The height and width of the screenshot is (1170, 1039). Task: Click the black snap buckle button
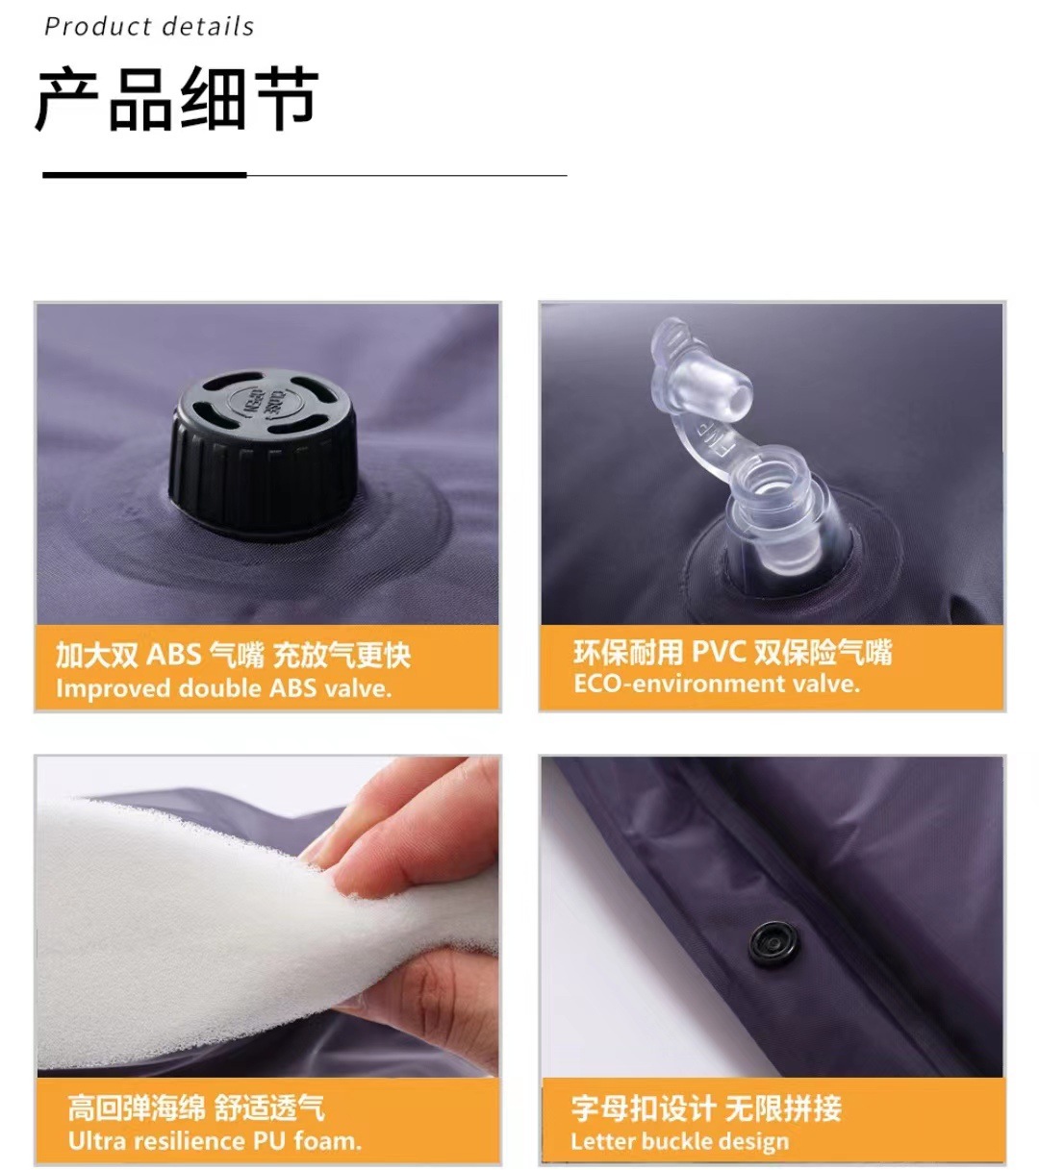click(x=773, y=941)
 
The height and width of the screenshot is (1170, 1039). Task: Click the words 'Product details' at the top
click(x=149, y=26)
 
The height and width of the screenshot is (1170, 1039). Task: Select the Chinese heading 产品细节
click(x=177, y=100)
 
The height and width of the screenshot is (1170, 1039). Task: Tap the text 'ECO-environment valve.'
click(x=716, y=684)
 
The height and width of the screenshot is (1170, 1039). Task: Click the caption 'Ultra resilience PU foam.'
click(x=215, y=1141)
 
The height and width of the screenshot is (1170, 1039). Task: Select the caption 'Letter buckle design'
click(x=679, y=1141)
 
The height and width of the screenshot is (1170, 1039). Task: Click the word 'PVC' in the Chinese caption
click(x=720, y=652)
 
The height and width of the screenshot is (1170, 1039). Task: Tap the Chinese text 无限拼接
click(x=783, y=1108)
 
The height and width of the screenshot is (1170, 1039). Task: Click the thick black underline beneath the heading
click(x=144, y=175)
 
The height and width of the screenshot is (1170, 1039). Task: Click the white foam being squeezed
click(x=192, y=923)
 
